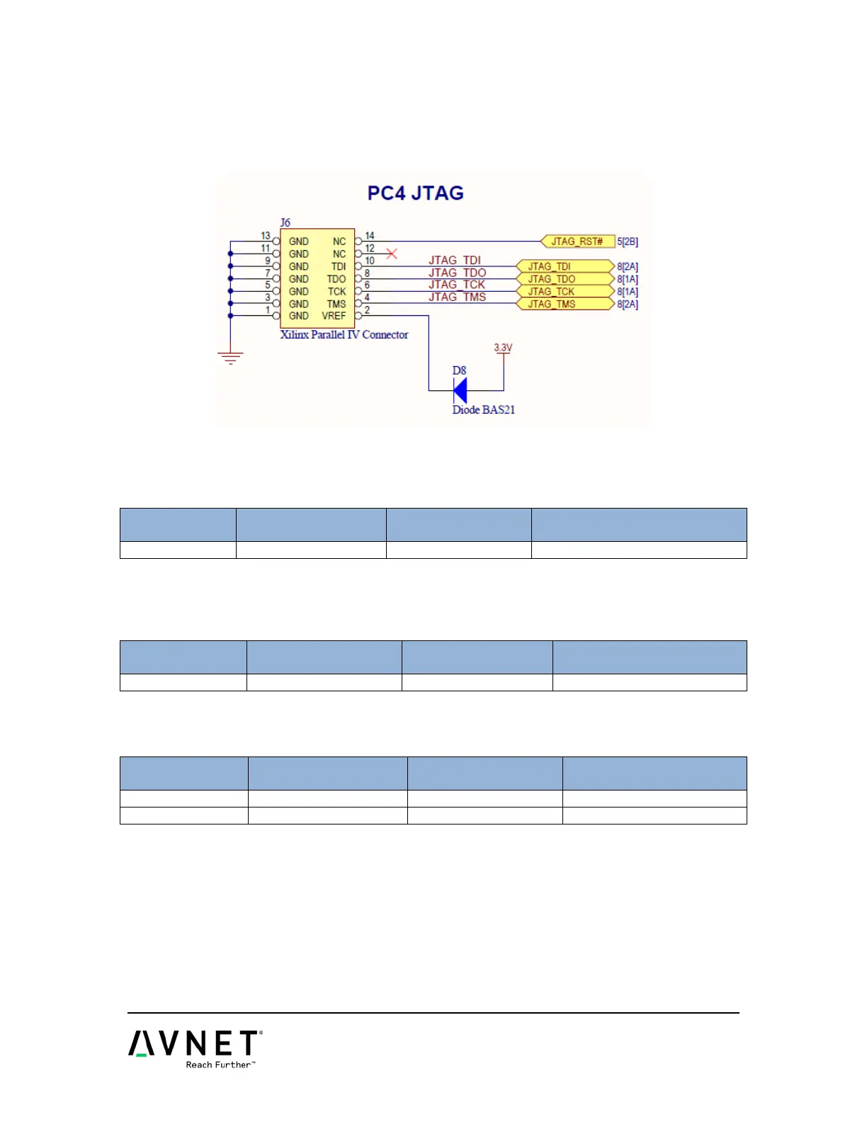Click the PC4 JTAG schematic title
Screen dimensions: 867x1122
(415, 193)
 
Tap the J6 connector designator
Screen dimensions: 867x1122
(285, 222)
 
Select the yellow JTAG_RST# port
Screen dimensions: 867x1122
(577, 242)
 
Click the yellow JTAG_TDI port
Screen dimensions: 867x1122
(565, 266)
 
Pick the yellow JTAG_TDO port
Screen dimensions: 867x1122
(565, 279)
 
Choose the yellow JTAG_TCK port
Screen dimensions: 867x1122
(565, 291)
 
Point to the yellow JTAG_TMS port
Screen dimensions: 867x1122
(565, 304)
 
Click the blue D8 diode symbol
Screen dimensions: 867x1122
(460, 390)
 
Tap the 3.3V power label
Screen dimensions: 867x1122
(503, 348)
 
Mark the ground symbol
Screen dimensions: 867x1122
(230, 358)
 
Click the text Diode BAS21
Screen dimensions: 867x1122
(484, 409)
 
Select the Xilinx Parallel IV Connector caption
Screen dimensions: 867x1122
(344, 334)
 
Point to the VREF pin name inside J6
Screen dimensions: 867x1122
(334, 316)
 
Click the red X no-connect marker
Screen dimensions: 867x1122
(391, 254)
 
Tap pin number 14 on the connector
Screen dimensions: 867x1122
(370, 236)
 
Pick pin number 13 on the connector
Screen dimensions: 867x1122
(266, 236)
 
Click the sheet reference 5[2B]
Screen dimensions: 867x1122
(628, 242)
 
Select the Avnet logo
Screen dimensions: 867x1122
(194, 1043)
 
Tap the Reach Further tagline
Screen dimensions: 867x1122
(220, 1065)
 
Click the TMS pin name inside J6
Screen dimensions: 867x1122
(336, 304)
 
